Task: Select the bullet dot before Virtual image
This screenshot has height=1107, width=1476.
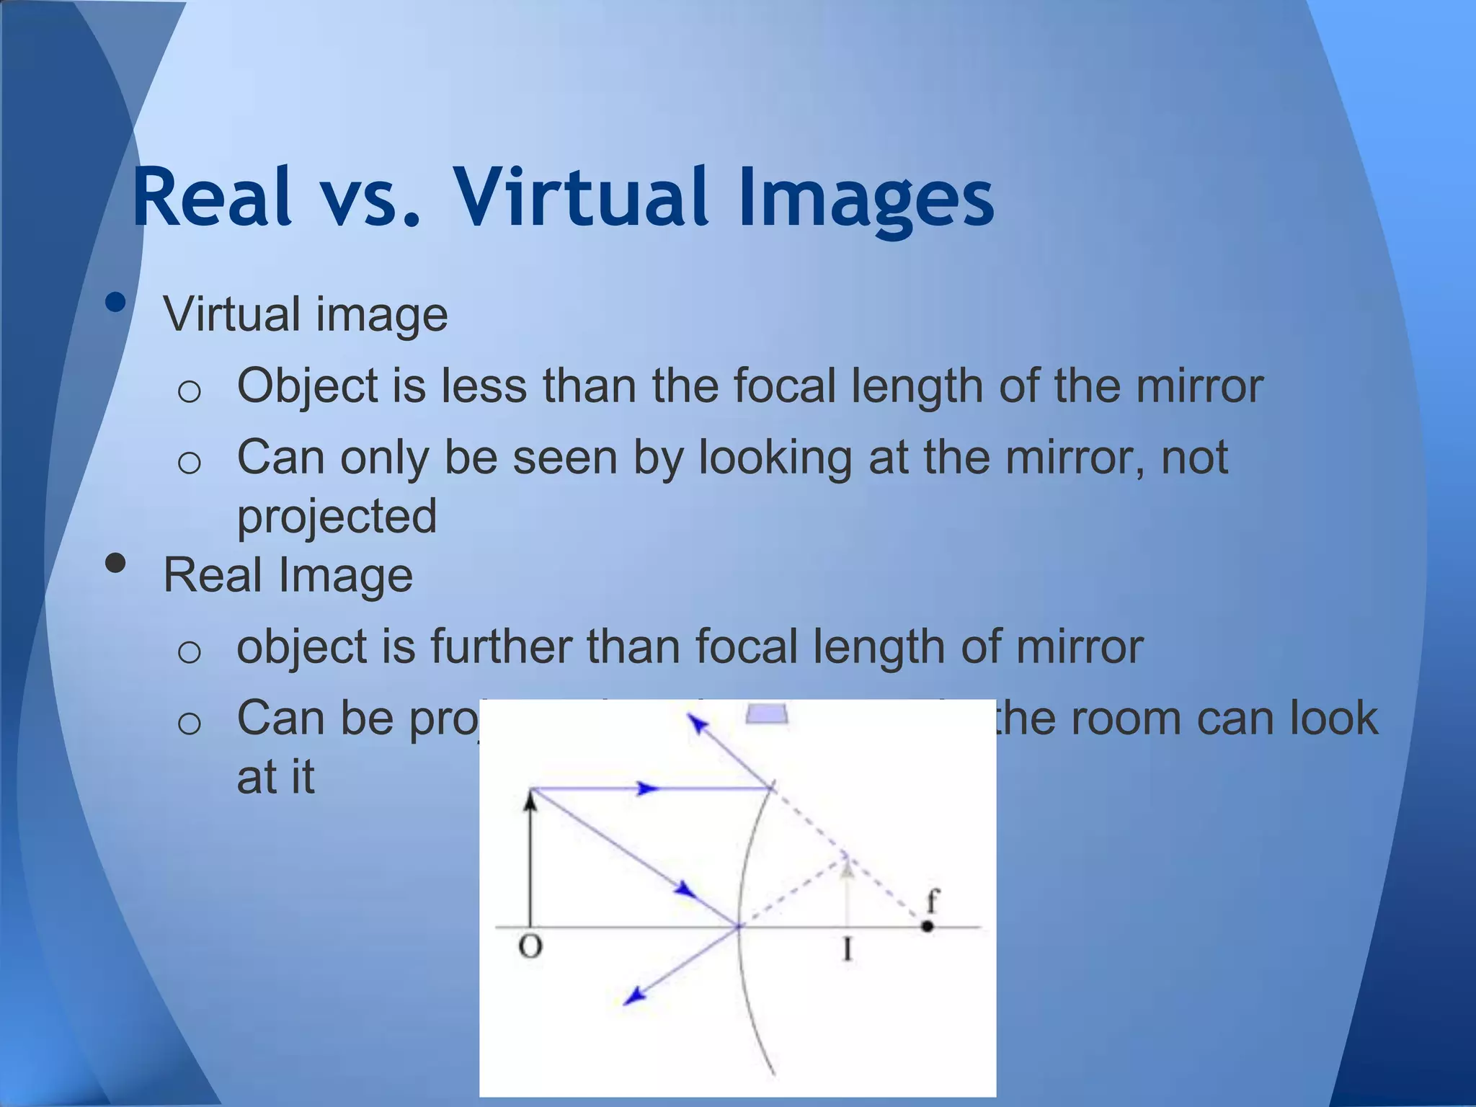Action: point(115,303)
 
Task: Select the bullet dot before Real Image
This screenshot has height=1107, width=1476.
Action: point(115,563)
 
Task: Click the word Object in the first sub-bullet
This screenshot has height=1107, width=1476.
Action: point(308,387)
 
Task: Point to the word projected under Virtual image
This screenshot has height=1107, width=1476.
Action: point(337,517)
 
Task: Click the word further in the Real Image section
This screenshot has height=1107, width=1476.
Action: point(500,646)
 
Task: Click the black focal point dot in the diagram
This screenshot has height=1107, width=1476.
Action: point(928,927)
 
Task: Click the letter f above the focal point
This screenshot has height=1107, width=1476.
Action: point(933,901)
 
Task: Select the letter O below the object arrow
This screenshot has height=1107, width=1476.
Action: point(530,946)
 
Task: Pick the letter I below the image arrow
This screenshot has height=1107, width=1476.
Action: point(848,950)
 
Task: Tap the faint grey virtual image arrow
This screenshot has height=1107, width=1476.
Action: point(848,894)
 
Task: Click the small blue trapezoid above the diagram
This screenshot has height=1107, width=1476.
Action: point(767,714)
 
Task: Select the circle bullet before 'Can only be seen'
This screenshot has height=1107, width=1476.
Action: point(189,462)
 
